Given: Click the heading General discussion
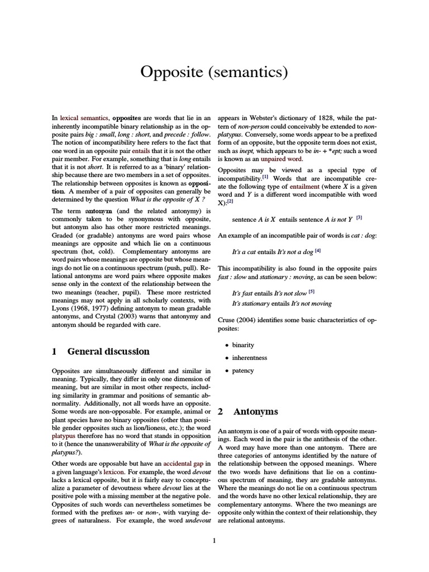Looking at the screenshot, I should click(x=108, y=351).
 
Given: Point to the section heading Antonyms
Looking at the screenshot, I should click(x=255, y=412).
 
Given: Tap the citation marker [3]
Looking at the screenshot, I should click(x=359, y=217).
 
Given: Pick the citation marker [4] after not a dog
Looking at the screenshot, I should click(x=318, y=250).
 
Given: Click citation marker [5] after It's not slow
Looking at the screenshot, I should click(x=312, y=292).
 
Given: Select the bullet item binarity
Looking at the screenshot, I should click(x=243, y=345).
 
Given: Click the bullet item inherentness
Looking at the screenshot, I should click(x=250, y=357).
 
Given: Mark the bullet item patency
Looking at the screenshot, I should click(x=243, y=370).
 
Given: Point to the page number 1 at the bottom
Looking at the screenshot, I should click(x=214, y=540).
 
